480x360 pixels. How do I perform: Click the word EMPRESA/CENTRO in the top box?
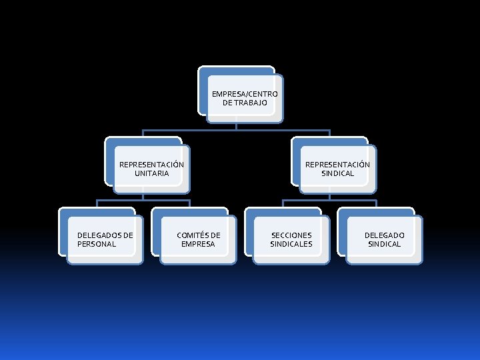[245, 94]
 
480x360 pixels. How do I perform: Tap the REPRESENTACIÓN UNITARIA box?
[151, 169]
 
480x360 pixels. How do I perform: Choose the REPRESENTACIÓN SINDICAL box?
[337, 169]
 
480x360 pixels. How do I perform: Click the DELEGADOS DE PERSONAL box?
[105, 239]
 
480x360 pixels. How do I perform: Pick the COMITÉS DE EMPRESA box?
[198, 239]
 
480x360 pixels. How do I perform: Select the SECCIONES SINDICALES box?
[291, 239]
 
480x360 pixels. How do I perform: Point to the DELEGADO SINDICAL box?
[384, 239]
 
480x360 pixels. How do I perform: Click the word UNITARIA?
[151, 173]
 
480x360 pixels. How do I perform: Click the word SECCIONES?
[291, 235]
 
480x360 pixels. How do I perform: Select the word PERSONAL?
[97, 244]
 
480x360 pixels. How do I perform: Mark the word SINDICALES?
[291, 244]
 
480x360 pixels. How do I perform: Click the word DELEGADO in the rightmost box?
[384, 235]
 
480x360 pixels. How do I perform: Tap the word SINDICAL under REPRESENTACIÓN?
[337, 173]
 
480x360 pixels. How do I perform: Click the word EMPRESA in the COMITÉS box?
[198, 244]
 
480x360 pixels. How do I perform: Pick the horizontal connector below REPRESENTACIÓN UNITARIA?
[120, 200]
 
